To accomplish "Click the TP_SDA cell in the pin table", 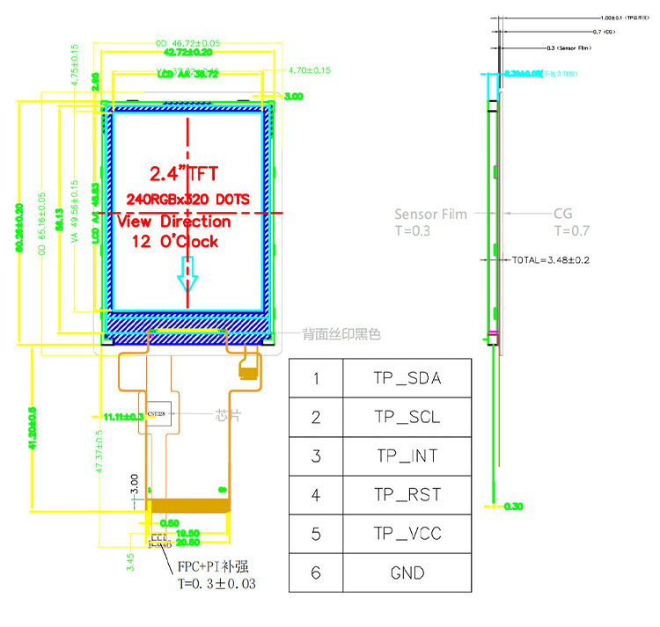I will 407,379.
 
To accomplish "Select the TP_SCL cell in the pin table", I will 407,418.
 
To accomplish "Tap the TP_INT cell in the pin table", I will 407,456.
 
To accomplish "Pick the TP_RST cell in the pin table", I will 407,495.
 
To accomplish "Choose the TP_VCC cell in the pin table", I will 407,534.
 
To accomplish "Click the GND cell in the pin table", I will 407,573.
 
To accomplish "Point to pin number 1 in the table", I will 316,379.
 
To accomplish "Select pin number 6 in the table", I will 316,573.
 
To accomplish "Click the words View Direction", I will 174,222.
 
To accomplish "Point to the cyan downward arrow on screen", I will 187,276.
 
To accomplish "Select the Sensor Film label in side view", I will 430,214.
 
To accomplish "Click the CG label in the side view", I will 563,214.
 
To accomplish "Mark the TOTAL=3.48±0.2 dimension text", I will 550,260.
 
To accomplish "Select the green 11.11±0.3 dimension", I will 122,417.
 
